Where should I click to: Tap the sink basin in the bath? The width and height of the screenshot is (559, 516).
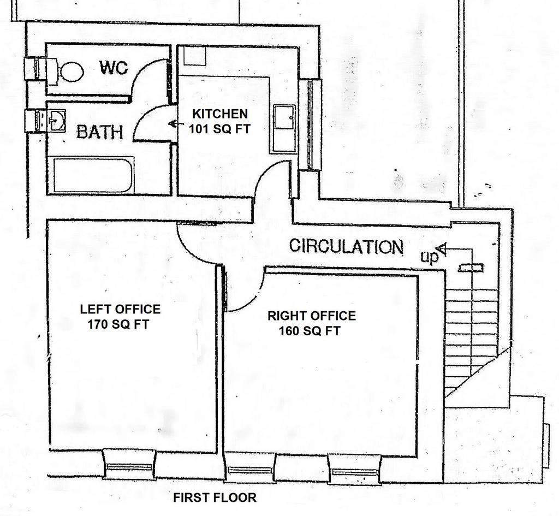[x=57, y=121]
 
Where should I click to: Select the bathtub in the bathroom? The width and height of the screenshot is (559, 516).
[x=94, y=175]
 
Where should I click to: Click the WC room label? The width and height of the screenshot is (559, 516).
[x=114, y=68]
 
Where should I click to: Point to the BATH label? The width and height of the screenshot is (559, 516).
[x=100, y=132]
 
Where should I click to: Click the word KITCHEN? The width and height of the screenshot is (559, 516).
[x=220, y=114]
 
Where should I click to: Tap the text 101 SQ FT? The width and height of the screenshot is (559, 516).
[x=219, y=128]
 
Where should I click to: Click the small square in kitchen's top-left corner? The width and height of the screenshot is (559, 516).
[x=195, y=56]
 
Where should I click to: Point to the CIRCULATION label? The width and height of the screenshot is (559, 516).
[x=346, y=246]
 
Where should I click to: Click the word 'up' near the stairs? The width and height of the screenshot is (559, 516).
[x=429, y=257]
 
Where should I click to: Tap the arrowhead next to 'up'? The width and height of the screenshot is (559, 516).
[x=442, y=248]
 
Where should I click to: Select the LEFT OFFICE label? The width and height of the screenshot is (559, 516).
[x=120, y=309]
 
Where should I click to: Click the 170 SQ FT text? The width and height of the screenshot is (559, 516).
[x=118, y=324]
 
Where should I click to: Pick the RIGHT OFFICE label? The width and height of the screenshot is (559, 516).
[x=312, y=316]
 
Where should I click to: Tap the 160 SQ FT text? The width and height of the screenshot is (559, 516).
[x=310, y=331]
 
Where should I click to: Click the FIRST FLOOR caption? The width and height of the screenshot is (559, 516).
[x=215, y=497]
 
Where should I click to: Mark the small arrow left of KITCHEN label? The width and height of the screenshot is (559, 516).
[x=172, y=124]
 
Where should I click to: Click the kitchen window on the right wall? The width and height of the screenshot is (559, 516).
[x=310, y=124]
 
